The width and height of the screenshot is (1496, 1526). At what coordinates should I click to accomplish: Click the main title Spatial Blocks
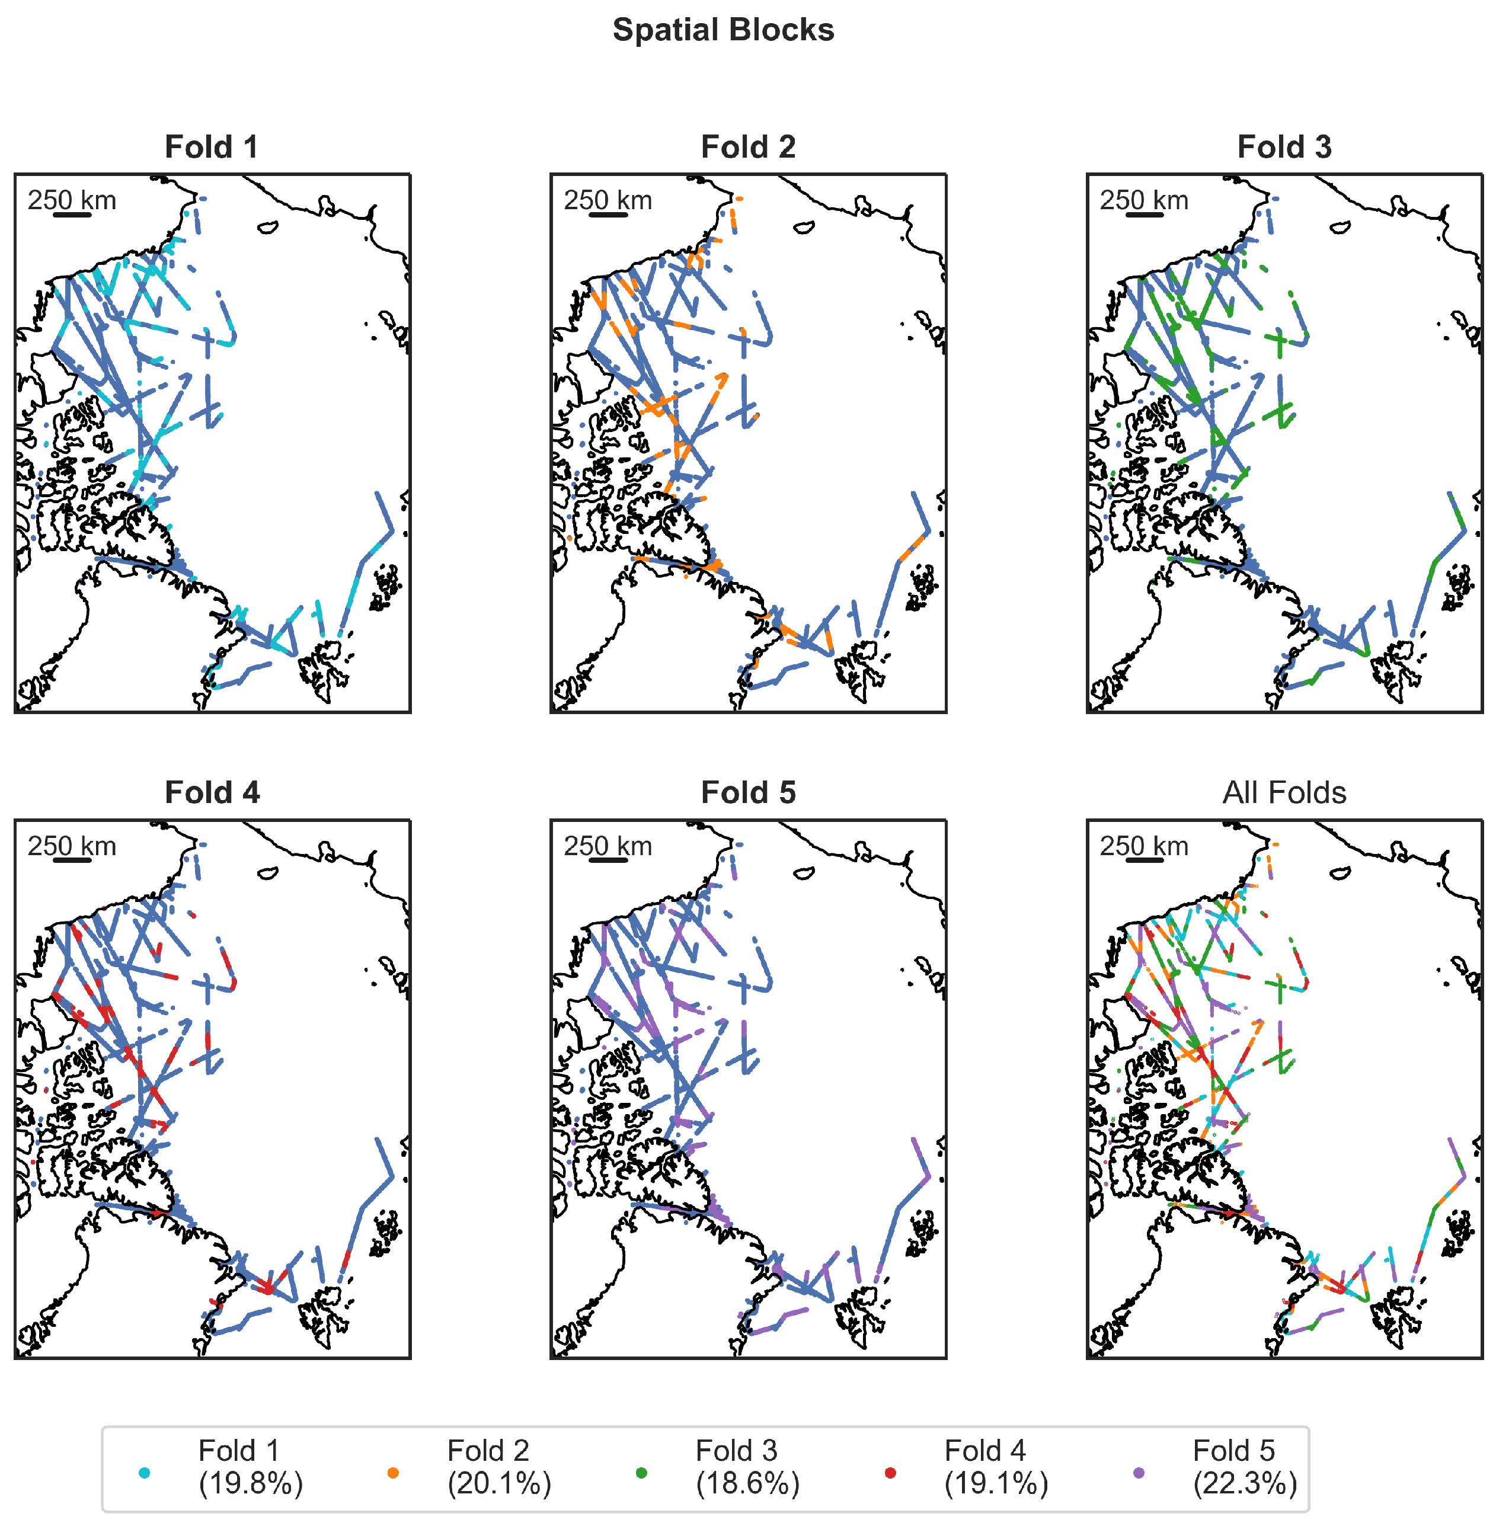point(723,30)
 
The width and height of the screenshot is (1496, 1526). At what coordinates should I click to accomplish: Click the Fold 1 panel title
point(212,147)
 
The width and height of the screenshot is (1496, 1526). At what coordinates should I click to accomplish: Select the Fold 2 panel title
point(748,147)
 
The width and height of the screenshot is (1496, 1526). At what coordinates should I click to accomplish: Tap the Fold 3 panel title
point(1284,147)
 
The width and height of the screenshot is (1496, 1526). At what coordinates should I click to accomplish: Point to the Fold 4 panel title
point(212,792)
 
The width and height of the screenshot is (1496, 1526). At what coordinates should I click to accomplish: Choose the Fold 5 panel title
point(748,792)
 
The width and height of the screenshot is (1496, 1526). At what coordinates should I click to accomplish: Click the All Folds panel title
point(1284,792)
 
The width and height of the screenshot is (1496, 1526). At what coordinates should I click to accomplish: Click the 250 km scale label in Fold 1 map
point(72,200)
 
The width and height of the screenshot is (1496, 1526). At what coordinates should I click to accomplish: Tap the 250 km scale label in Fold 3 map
point(1143,200)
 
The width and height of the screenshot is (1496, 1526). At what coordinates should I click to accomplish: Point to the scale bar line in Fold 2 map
point(608,215)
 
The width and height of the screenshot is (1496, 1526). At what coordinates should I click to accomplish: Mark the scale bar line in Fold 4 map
point(72,860)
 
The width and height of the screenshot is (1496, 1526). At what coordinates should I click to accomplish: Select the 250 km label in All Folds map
point(1143,846)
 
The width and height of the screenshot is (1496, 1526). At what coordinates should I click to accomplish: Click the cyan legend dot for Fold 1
point(144,1473)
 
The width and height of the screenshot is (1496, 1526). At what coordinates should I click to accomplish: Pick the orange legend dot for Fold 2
point(393,1473)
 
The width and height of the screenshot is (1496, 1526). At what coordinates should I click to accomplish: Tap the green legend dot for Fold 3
point(641,1473)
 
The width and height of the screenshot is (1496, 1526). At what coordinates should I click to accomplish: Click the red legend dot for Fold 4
point(890,1473)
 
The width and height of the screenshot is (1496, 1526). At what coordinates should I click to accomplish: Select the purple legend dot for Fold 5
point(1139,1473)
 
